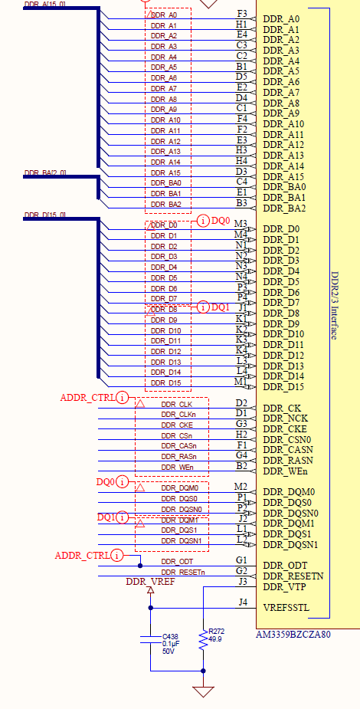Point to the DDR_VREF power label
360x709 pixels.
[x=150, y=582]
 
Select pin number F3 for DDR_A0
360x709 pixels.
[x=242, y=15]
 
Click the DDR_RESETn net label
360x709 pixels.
[x=183, y=573]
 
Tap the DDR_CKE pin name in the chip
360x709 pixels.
[x=284, y=429]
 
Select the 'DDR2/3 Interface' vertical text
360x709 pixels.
[x=335, y=314]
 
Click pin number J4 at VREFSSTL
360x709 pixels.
[x=242, y=602]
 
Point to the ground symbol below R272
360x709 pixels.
[x=203, y=691]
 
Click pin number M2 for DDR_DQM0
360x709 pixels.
[x=241, y=487]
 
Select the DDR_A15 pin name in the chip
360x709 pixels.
[x=283, y=176]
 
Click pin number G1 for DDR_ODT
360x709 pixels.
[x=242, y=560]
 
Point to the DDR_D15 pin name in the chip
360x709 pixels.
[x=283, y=387]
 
